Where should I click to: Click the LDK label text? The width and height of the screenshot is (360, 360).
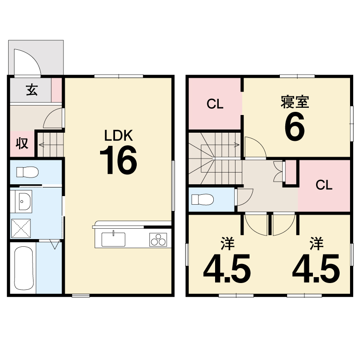click(x=119, y=136)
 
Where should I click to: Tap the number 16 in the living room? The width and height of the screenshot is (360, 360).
click(x=119, y=160)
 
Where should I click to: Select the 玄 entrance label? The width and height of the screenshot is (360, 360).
click(x=32, y=90)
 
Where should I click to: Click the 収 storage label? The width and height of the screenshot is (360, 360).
click(x=22, y=144)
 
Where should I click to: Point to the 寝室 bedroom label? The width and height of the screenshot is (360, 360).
click(x=295, y=101)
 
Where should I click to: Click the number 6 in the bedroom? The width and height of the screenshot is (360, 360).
click(x=295, y=126)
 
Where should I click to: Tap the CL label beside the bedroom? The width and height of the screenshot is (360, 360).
click(x=215, y=104)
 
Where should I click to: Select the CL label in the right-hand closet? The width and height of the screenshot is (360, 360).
click(x=324, y=185)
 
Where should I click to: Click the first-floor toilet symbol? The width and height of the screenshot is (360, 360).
click(x=27, y=172)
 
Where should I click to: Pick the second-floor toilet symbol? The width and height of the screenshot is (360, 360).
click(x=202, y=199)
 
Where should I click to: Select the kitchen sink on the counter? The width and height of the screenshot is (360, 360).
click(x=113, y=240)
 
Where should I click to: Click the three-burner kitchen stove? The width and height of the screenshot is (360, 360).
click(x=158, y=240)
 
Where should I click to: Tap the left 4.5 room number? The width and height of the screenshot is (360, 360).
click(x=227, y=269)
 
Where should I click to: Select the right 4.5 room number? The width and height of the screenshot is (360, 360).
click(x=316, y=269)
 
